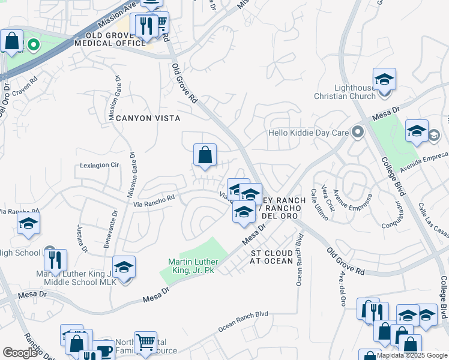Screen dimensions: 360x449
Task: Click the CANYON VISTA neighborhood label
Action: click(x=148, y=118)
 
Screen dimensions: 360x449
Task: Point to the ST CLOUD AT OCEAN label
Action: click(x=272, y=257)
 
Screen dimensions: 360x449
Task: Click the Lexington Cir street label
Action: click(x=99, y=165)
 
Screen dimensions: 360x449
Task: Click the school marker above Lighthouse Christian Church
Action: click(x=384, y=79)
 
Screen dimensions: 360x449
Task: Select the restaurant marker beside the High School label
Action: click(x=55, y=260)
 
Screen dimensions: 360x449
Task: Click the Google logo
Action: click(x=20, y=353)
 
